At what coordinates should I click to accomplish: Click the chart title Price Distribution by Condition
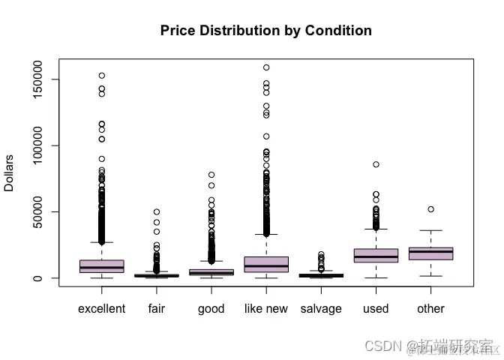(265, 31)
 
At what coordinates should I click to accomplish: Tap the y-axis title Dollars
(10, 173)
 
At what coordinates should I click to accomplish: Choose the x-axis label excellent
(101, 309)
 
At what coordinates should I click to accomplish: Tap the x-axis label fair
(156, 309)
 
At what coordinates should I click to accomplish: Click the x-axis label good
(211, 309)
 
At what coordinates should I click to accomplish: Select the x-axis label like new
(265, 309)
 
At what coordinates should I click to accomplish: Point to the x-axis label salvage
(321, 309)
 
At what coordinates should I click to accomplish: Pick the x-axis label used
(376, 309)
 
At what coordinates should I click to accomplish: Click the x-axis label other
(430, 309)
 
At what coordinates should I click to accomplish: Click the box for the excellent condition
(101, 266)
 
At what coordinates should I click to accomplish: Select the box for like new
(265, 264)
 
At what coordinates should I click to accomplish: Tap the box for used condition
(376, 256)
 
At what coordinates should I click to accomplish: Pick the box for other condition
(430, 253)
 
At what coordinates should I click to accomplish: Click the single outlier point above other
(430, 209)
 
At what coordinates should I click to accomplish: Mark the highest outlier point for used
(376, 164)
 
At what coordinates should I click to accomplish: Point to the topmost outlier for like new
(265, 67)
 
